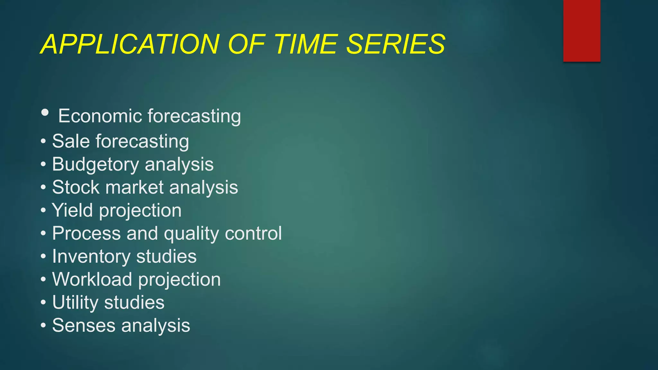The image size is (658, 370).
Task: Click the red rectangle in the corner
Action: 582,31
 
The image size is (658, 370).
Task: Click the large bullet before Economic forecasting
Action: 45,112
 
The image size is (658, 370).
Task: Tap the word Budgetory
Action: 95,164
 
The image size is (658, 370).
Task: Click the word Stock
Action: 76,187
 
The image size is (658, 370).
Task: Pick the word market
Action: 135,187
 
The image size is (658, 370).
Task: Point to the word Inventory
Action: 91,257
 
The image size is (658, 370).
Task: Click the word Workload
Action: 92,279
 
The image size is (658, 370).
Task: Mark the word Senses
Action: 84,325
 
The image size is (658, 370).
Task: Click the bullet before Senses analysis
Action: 43,325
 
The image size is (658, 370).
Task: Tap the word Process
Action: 86,233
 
